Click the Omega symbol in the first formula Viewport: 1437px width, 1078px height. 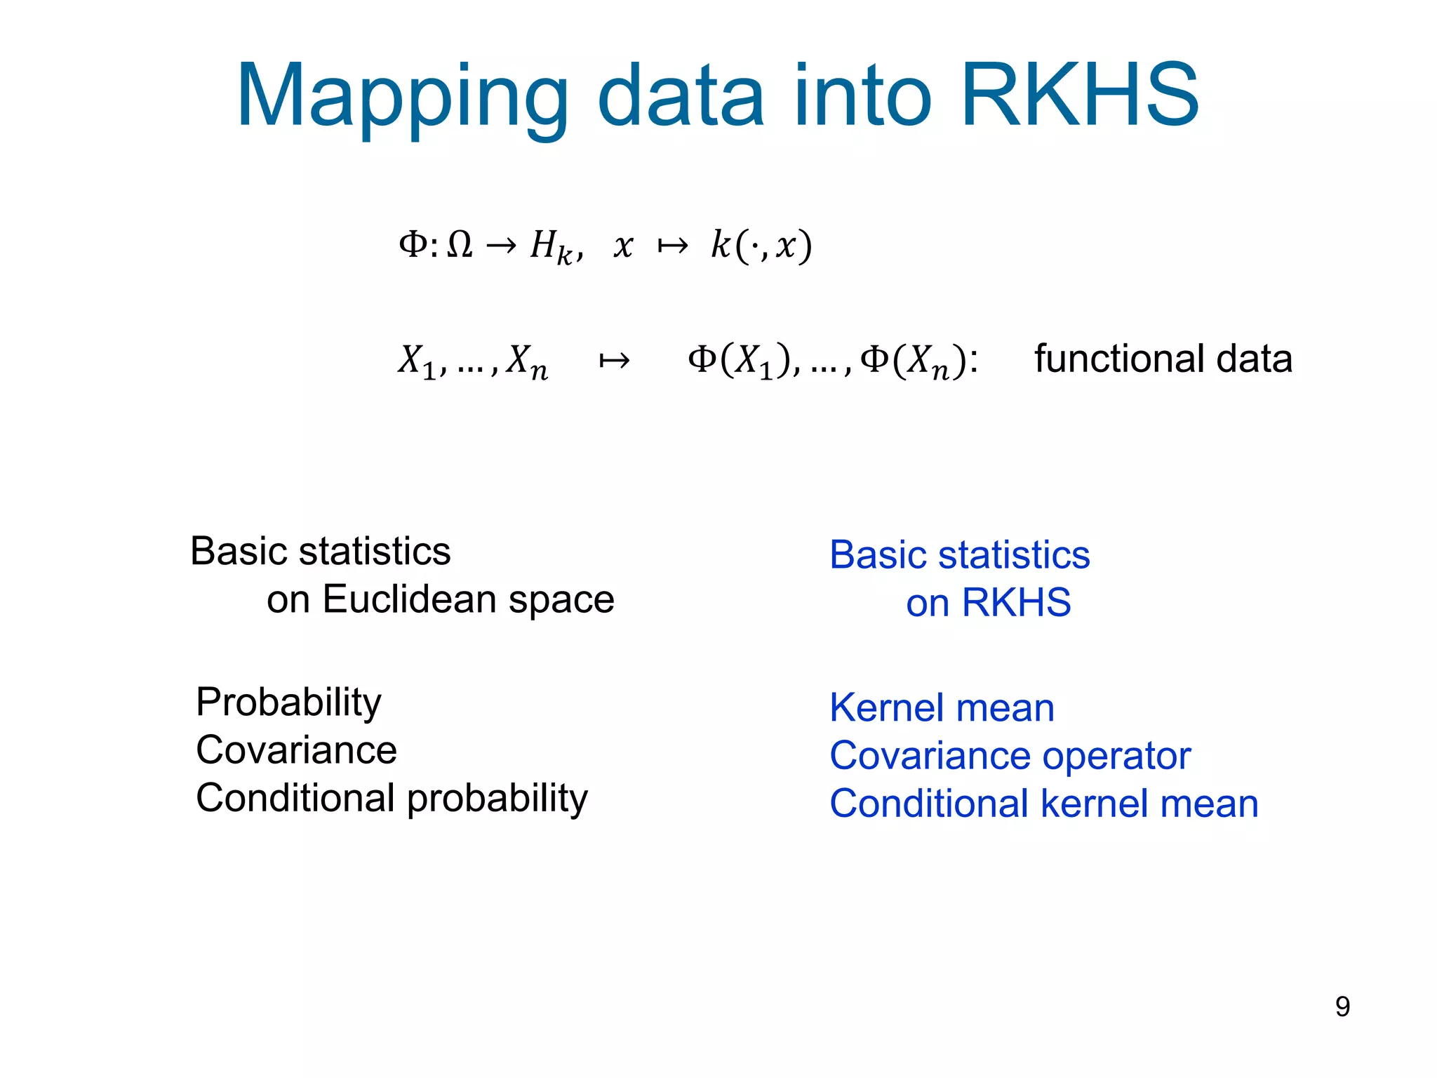[x=460, y=245]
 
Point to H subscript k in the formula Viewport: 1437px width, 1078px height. [x=552, y=248]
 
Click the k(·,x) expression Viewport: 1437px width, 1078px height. [x=761, y=246]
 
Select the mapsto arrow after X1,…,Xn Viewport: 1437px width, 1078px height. [x=614, y=361]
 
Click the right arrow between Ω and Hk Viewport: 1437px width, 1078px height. [x=501, y=246]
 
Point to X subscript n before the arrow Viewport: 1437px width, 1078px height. [x=527, y=362]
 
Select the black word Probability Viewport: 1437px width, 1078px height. [x=288, y=703]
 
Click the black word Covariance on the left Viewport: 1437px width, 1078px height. [x=296, y=750]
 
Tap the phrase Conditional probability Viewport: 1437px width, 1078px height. [x=392, y=798]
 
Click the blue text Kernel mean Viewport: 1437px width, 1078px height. [x=942, y=707]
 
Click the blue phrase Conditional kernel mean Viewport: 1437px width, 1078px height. [x=1043, y=804]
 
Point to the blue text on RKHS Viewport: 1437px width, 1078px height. [x=988, y=602]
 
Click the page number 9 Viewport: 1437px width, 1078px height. [x=1342, y=1006]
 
